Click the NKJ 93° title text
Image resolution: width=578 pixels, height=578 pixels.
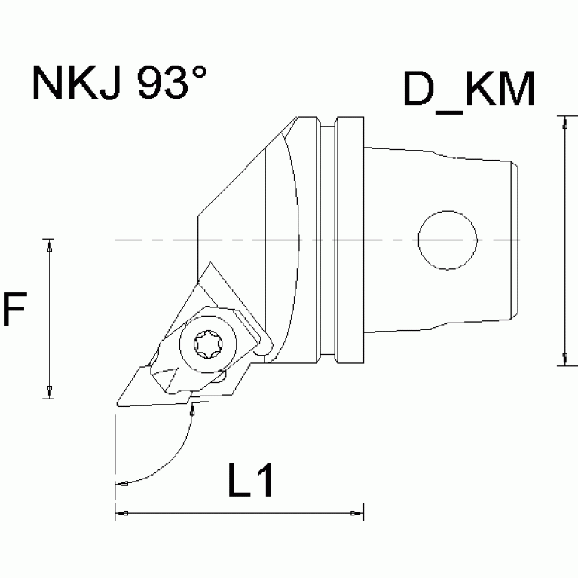click(x=119, y=84)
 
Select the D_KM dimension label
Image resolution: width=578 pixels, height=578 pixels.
click(x=468, y=90)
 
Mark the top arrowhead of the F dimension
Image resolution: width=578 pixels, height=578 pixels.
click(x=49, y=243)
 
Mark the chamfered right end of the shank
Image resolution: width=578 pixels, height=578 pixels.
click(x=516, y=241)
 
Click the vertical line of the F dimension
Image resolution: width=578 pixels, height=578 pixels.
click(x=49, y=317)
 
